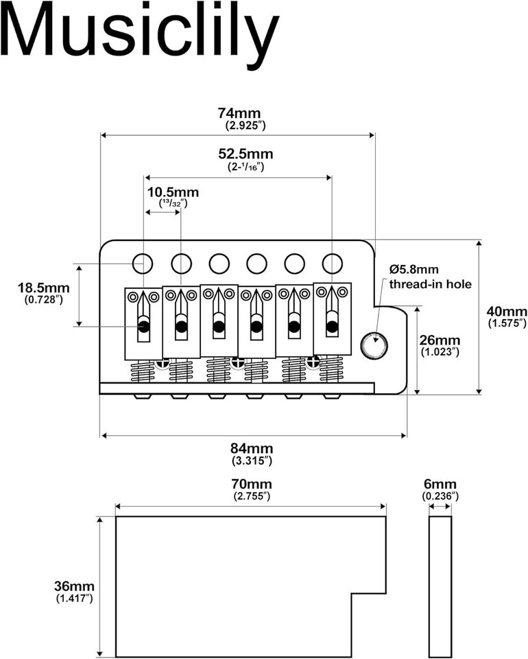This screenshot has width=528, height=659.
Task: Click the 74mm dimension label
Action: pos(239,113)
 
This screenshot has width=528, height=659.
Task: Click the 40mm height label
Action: pos(506,310)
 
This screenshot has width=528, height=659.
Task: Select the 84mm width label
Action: pos(252,448)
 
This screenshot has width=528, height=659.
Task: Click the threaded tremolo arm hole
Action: pos(374,345)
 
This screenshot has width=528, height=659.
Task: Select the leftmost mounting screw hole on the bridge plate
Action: pos(143,262)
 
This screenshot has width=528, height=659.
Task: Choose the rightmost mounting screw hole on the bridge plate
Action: pos(332,262)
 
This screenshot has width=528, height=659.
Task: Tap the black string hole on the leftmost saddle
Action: pos(143,326)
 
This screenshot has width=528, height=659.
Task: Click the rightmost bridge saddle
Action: pos(333,318)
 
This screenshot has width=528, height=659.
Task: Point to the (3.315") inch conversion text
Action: pos(252,461)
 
